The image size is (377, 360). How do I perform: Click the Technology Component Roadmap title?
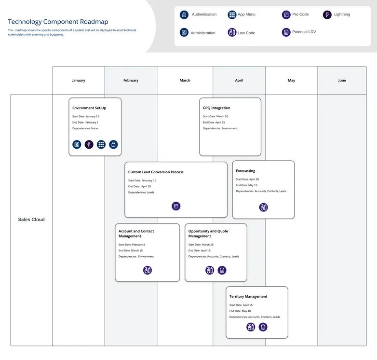tap(58, 22)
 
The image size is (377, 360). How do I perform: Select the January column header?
tap(79, 81)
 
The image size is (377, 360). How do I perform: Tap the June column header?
tap(342, 81)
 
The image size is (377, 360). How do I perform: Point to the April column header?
tap(239, 81)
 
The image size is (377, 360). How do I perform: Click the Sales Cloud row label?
tap(31, 220)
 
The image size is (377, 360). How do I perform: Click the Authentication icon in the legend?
tap(184, 15)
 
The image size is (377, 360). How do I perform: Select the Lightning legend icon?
tap(327, 15)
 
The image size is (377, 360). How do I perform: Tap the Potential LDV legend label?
tap(304, 32)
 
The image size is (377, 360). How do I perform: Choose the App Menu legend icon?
tap(232, 15)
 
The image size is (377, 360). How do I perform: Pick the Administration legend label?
tap(203, 33)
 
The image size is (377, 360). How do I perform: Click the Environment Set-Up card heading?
tap(89, 108)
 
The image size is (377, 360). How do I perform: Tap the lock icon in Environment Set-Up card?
tap(113, 144)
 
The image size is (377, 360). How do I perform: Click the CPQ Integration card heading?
tap(216, 108)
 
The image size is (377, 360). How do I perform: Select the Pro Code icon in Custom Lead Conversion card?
tap(176, 206)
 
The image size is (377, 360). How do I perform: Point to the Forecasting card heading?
tap(245, 171)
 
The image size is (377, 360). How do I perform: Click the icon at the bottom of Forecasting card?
tap(263, 208)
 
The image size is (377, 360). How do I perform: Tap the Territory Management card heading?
tap(248, 296)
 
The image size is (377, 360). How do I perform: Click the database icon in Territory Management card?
tap(263, 327)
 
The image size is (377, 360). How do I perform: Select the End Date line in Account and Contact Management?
tap(131, 250)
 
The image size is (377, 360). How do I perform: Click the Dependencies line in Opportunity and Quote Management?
tap(214, 257)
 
